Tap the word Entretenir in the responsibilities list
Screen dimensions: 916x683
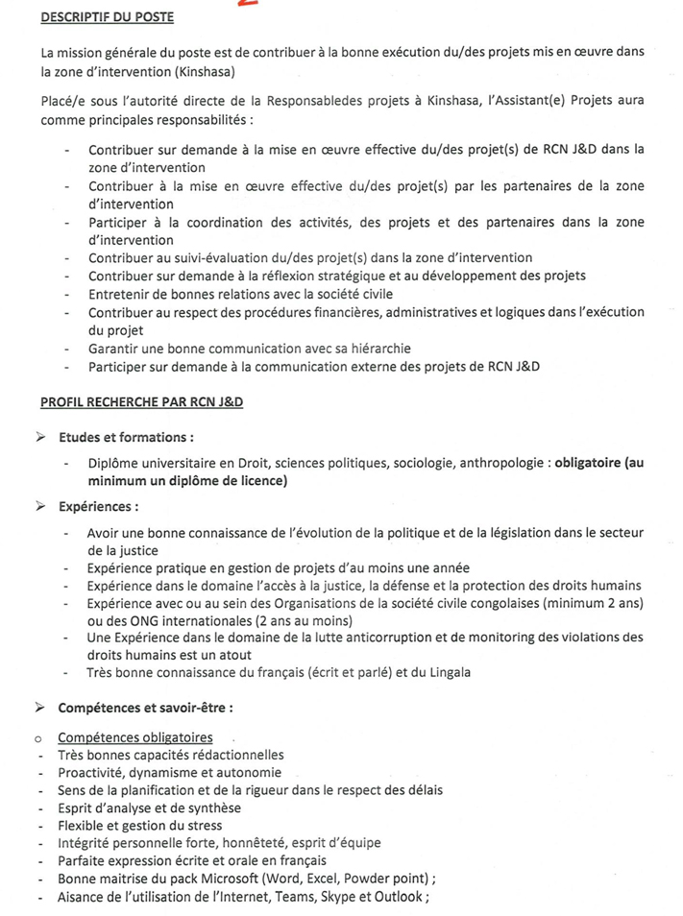(122, 294)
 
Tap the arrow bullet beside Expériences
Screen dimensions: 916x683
(41, 506)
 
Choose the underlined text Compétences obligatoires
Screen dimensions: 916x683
(135, 737)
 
